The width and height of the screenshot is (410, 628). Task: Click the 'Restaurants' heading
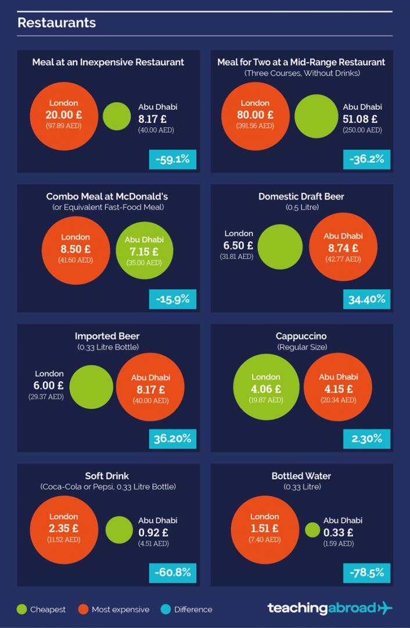pos(56,23)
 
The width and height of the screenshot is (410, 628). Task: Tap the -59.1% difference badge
pos(172,159)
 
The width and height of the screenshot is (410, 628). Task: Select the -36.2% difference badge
pos(366,159)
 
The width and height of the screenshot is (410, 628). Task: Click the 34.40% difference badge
pos(366,299)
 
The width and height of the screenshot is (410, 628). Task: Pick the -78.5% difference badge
pos(366,573)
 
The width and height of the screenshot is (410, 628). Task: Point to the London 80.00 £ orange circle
pos(256,115)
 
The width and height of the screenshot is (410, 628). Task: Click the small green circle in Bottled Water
pos(312,530)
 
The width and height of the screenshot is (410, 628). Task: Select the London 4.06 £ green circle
pos(266,388)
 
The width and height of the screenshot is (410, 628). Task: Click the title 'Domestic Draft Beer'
pos(301,197)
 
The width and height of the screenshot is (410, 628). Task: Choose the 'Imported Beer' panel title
pos(107,336)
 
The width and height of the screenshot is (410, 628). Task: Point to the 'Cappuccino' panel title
pos(301,336)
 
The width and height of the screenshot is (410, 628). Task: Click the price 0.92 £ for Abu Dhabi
pos(153,532)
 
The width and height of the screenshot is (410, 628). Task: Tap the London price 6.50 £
pos(238,245)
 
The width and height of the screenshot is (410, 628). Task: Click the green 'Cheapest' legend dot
pos(21,609)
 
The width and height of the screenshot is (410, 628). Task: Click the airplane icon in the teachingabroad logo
pos(384,608)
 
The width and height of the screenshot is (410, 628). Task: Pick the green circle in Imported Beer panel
pos(91,387)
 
